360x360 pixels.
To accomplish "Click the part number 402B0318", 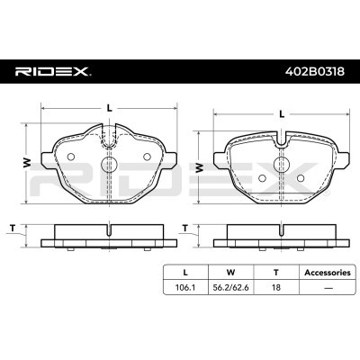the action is pos(315,72).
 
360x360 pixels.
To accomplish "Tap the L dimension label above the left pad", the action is pos(110,108).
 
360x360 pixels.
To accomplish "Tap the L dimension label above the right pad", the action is pos(282,114).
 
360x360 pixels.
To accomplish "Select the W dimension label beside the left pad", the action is pos(27,163).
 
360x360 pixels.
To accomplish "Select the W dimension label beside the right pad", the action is pos(199,167).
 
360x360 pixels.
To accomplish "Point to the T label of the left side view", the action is pos(13,229).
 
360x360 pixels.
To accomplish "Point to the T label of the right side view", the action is pos(185,229).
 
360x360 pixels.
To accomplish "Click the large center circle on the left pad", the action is pos(109,164).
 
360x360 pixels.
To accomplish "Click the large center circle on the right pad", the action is pos(281,164).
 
